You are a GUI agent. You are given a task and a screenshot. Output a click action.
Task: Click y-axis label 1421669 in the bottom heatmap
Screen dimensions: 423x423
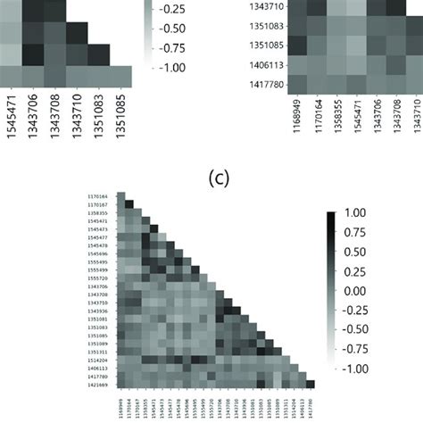(x=98, y=386)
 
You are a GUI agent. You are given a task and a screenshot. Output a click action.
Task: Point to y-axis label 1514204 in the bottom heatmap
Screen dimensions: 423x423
(x=98, y=358)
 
